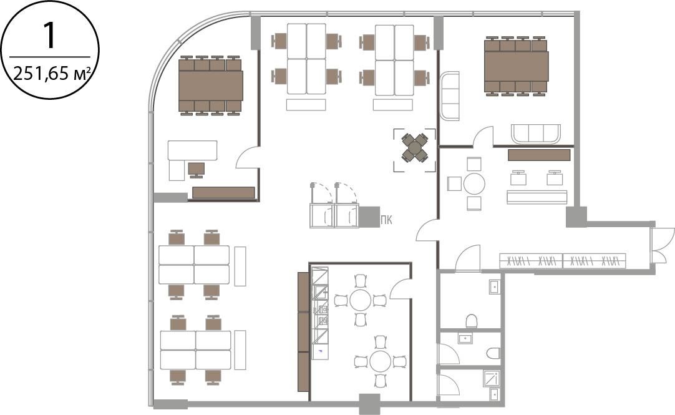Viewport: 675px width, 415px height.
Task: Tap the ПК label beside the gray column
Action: pos(387,220)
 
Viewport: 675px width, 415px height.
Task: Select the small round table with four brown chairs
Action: pos(415,148)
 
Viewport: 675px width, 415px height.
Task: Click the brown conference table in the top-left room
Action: pos(211,85)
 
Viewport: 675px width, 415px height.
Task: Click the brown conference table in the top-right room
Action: pos(517,66)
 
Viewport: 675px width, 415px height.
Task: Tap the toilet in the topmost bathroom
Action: pos(472,320)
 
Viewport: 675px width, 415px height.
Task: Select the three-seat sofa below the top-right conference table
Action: pos(536,134)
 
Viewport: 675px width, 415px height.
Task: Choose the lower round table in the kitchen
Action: pos(380,361)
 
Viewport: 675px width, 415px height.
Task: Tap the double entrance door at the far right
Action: pos(662,245)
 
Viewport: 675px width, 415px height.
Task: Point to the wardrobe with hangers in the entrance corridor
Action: pos(562,260)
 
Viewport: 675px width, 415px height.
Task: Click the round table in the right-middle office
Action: pos(474,184)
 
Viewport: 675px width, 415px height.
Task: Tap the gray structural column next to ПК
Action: pos(369,217)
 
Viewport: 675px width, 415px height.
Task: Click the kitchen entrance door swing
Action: pos(401,287)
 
